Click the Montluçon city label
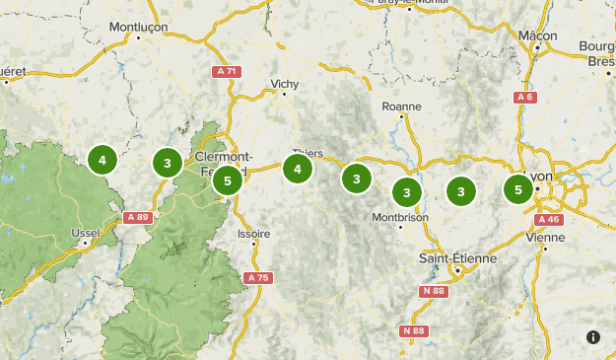pyautogui.click(x=138, y=27)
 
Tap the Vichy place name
pyautogui.click(x=283, y=83)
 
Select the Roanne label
pyautogui.click(x=401, y=106)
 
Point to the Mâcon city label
pyautogui.click(x=537, y=36)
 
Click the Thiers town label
pyautogui.click(x=308, y=153)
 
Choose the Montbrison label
pyautogui.click(x=399, y=217)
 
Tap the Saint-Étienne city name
pyautogui.click(x=457, y=257)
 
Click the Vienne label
pyautogui.click(x=546, y=237)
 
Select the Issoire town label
pyautogui.click(x=253, y=234)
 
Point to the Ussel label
pyautogui.click(x=86, y=233)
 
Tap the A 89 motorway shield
pyautogui.click(x=137, y=217)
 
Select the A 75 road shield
pyautogui.click(x=257, y=278)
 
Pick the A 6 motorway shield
pyautogui.click(x=524, y=97)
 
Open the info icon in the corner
pyautogui.click(x=593, y=337)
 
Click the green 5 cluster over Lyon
pyautogui.click(x=518, y=188)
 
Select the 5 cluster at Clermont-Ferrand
pyautogui.click(x=228, y=180)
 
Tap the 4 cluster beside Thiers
pyautogui.click(x=298, y=170)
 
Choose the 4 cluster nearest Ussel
pyautogui.click(x=102, y=159)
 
